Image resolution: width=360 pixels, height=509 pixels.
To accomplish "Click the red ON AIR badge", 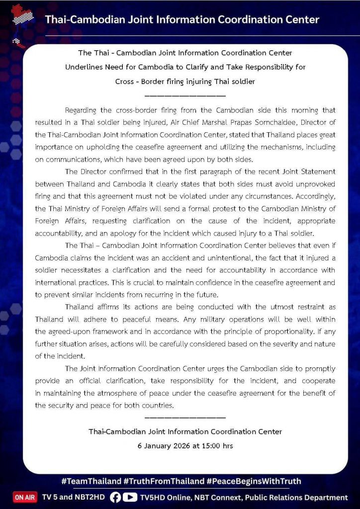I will (x=24, y=498).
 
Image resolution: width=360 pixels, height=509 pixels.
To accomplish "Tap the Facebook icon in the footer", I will (x=115, y=498).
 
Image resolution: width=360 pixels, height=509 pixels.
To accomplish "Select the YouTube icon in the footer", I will (x=129, y=498).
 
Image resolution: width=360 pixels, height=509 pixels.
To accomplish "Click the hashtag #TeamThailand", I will (x=91, y=481).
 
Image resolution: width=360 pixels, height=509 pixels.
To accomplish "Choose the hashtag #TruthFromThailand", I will (x=164, y=481).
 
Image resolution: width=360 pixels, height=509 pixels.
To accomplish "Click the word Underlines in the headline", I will (x=83, y=67).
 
